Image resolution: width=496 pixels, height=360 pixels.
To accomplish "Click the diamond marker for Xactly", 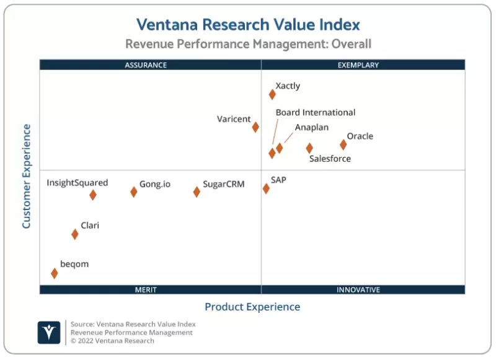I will coord(272,94).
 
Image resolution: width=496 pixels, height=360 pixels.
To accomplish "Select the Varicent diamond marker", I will coord(255,127).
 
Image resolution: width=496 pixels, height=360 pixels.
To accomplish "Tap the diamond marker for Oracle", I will coord(343,144).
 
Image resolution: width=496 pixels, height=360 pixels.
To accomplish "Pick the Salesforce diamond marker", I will coord(309,148).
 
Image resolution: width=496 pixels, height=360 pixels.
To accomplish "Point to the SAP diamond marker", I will coord(266,188).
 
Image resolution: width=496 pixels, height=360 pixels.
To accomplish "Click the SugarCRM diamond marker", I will coord(197,191).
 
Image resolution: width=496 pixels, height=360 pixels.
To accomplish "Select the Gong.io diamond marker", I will coord(133,191).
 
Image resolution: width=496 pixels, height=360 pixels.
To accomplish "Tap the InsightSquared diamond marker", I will coord(92,195).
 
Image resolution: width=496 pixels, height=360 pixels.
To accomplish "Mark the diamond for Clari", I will coord(75,234).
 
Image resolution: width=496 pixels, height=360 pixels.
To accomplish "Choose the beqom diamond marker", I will coord(54,273).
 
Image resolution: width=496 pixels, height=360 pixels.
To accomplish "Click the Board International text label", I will coord(316,113).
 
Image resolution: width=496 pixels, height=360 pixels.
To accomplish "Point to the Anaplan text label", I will coord(311,128).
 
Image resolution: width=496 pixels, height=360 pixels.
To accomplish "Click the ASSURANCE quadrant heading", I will coord(146,65).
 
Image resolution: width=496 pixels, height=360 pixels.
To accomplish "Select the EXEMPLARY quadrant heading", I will coord(358,65).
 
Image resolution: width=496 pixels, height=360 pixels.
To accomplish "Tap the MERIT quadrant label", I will coord(146,289).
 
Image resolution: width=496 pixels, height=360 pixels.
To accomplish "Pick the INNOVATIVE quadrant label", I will coord(358,289).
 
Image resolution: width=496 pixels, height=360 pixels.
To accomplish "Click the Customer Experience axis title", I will coord(27,176).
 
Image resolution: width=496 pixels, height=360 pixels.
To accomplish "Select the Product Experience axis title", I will coord(252,307).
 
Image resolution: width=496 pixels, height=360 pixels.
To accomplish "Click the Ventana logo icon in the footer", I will coord(49,332).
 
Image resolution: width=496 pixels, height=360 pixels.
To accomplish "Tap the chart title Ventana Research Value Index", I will coord(248,24).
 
